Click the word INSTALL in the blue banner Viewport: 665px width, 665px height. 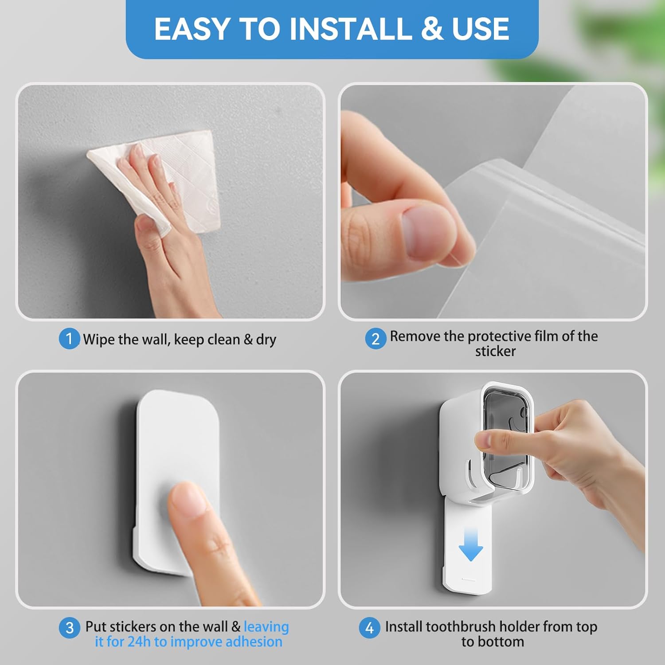point(350,29)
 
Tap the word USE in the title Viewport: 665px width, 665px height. point(481,29)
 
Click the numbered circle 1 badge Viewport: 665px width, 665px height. point(69,339)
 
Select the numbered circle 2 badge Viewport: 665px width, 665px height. point(376,339)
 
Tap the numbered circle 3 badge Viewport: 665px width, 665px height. point(70,628)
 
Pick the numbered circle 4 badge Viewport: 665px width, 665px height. point(369,628)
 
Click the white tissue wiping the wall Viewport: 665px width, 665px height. point(191,177)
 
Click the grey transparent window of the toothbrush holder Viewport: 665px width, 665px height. point(505,426)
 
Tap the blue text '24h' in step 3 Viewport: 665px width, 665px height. point(139,642)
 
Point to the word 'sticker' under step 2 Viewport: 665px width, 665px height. point(495,352)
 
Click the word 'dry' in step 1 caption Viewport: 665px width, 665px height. point(266,340)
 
